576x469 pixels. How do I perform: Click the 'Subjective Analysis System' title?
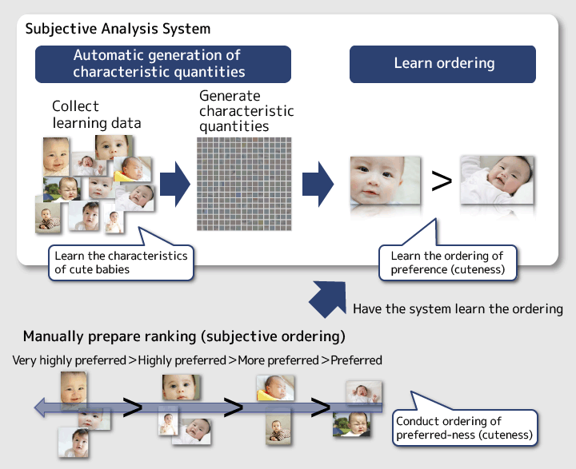click(118, 29)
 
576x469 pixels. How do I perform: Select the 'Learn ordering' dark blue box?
click(442, 64)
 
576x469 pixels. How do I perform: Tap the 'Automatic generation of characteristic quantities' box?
click(163, 64)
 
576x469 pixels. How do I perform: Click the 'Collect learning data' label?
click(97, 114)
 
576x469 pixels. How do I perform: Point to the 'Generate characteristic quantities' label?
click(246, 111)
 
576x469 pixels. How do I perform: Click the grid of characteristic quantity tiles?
click(244, 184)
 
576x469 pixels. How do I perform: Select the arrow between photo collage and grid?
click(175, 184)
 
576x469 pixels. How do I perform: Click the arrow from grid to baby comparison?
click(318, 184)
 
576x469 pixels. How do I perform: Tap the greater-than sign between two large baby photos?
click(441, 181)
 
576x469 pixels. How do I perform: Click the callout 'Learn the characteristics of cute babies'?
click(121, 262)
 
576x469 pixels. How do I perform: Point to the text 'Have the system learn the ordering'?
click(458, 309)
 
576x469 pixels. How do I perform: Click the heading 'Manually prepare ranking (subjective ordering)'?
click(184, 336)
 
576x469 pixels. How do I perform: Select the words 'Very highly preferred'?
click(70, 360)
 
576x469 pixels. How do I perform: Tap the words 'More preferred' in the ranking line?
click(278, 360)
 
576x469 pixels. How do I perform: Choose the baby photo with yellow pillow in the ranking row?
click(275, 388)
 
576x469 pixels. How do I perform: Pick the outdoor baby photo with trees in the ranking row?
click(351, 424)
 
